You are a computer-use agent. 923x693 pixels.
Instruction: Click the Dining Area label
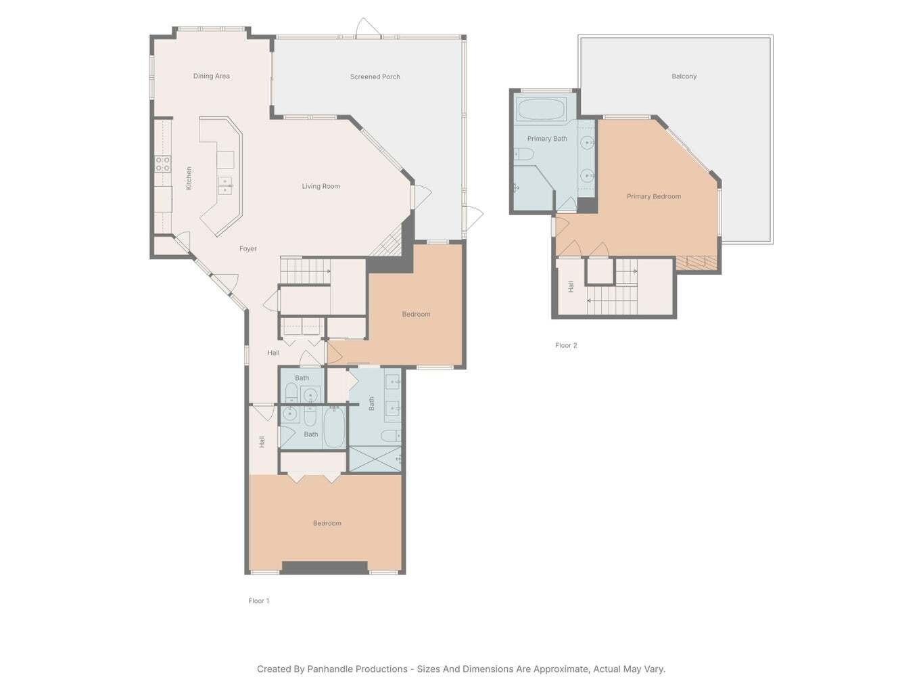[x=211, y=76]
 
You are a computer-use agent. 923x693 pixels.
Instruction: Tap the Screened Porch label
[x=375, y=77]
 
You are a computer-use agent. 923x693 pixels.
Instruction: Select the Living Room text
[x=321, y=187]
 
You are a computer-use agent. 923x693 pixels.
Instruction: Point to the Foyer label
[x=247, y=249]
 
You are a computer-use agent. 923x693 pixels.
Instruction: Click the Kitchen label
[x=189, y=178]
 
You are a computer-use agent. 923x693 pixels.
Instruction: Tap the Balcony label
[x=684, y=76]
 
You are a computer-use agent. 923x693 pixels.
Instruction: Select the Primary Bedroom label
[x=653, y=197]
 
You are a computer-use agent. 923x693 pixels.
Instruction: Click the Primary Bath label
[x=547, y=139]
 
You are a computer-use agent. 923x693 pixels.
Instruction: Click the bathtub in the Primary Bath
[x=540, y=110]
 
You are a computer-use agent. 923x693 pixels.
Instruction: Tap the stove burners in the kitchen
[x=162, y=164]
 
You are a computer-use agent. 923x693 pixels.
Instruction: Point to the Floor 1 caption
[x=258, y=601]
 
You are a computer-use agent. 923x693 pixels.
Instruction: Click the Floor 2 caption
[x=566, y=346]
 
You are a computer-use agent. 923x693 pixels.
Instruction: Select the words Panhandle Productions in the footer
[x=357, y=669]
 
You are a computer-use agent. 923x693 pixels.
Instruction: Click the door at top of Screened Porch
[x=367, y=28]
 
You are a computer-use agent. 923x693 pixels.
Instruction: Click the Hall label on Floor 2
[x=571, y=286]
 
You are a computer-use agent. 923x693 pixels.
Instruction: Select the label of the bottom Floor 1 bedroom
[x=327, y=524]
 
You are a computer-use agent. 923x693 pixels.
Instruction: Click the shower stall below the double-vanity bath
[x=375, y=459]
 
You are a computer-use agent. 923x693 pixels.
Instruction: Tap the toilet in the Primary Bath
[x=523, y=154]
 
